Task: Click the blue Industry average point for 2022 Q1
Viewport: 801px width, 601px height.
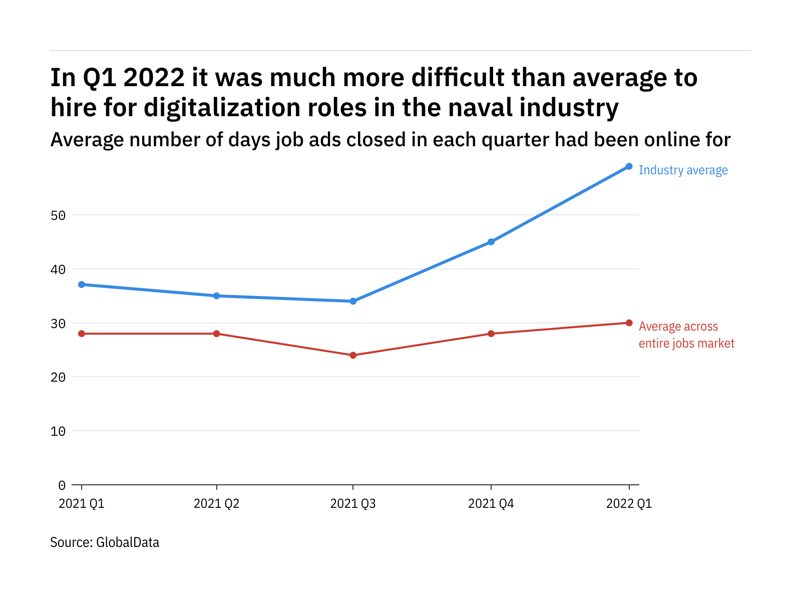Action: click(629, 166)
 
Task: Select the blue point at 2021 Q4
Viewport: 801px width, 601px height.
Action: click(491, 242)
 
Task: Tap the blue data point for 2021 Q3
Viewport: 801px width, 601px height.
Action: click(353, 301)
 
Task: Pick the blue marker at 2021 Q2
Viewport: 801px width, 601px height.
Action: click(217, 296)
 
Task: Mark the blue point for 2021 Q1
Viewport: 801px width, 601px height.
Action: click(82, 284)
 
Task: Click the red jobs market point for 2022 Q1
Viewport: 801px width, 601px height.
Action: click(629, 323)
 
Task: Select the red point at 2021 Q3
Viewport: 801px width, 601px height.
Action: click(353, 355)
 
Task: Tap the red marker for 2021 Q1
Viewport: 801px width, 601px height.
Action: click(82, 334)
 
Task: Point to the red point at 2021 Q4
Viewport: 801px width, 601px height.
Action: click(491, 334)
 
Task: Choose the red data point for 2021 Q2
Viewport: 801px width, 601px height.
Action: click(217, 334)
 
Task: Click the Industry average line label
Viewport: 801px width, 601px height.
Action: click(683, 170)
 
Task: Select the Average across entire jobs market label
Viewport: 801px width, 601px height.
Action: click(686, 335)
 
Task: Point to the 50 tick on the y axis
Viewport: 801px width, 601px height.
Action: click(58, 215)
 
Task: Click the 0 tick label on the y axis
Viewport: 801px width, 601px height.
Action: click(62, 485)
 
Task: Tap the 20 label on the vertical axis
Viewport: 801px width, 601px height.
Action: click(58, 377)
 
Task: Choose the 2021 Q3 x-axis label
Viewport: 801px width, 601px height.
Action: click(353, 503)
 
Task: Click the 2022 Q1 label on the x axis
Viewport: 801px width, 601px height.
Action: click(629, 503)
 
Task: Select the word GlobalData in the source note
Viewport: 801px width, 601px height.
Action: click(127, 542)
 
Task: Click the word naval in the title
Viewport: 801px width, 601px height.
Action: click(480, 108)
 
